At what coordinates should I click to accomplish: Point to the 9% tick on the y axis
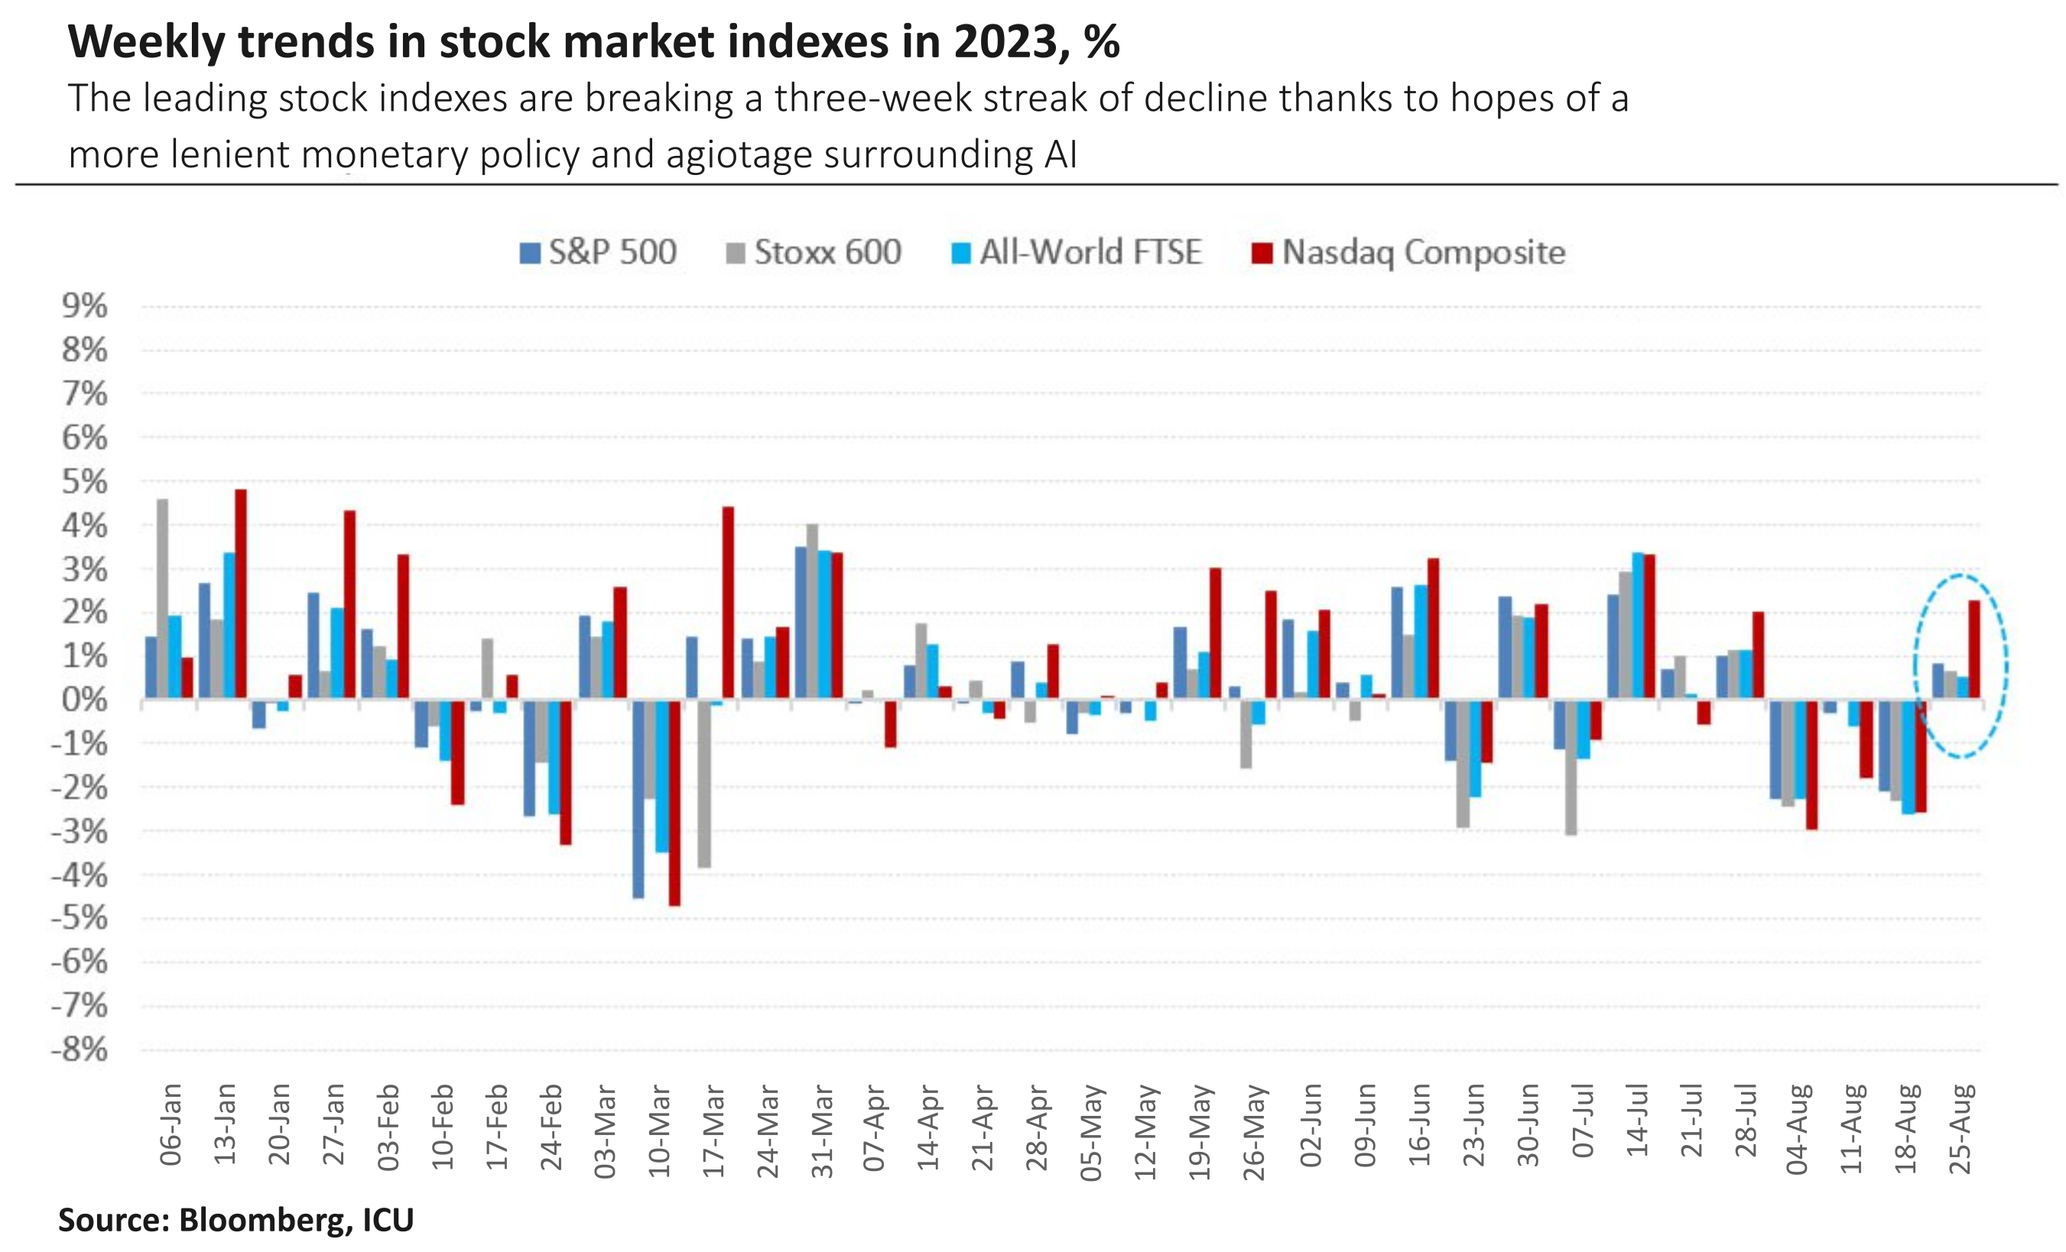click(85, 306)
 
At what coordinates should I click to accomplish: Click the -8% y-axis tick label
click(80, 1049)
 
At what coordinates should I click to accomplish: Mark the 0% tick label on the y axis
click(85, 699)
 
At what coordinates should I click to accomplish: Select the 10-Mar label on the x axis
click(660, 1131)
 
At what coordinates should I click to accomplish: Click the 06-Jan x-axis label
click(171, 1124)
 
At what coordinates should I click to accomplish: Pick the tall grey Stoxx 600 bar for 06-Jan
click(163, 598)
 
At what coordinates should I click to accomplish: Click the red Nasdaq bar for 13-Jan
click(241, 593)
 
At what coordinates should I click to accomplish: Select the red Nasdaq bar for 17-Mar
click(728, 602)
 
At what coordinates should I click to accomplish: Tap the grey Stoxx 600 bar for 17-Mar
click(704, 783)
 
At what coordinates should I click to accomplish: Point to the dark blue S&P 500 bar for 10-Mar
click(638, 798)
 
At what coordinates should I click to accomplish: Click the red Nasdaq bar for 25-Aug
click(1973, 649)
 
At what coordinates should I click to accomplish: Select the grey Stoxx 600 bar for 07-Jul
click(1571, 766)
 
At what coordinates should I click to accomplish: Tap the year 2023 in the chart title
click(1009, 42)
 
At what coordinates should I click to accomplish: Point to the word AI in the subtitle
click(1061, 155)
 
